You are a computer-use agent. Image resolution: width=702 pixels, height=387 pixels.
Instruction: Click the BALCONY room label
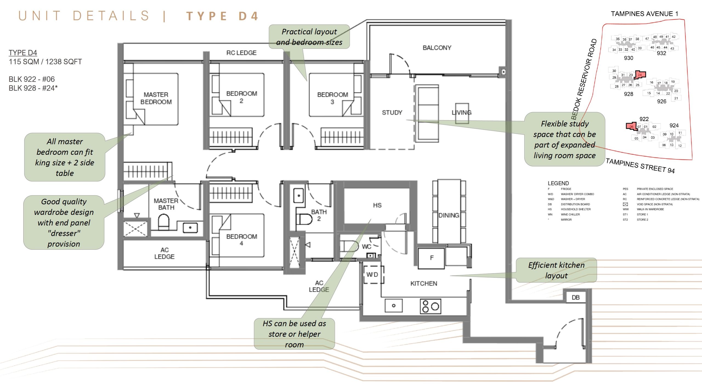point(437,48)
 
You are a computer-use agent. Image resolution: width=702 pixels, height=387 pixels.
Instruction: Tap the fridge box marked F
point(431,258)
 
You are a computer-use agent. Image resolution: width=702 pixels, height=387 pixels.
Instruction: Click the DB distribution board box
point(576,298)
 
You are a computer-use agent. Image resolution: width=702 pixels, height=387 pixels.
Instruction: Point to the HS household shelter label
point(377,205)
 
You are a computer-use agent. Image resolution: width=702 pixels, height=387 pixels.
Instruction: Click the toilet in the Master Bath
point(164,222)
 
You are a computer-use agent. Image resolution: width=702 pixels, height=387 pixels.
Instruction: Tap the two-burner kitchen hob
point(431,306)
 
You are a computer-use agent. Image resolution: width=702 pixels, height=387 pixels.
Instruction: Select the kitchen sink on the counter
point(394,306)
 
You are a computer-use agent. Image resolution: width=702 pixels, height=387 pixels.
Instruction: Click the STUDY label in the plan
point(392,113)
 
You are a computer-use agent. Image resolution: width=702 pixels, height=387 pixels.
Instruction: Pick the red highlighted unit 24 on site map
point(640,75)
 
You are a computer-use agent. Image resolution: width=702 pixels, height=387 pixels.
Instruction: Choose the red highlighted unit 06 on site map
point(631,127)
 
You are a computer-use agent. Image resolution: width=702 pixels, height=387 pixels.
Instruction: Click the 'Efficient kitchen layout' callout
point(556,270)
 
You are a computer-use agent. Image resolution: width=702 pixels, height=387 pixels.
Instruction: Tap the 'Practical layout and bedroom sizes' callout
point(309,37)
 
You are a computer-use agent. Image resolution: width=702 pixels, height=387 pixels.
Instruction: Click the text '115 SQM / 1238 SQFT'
point(45,62)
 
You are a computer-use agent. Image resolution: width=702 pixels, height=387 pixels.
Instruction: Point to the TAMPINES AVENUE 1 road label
point(644,14)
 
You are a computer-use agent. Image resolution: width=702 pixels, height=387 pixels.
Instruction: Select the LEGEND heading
point(558,183)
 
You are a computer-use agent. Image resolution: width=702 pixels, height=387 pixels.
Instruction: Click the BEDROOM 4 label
point(242,240)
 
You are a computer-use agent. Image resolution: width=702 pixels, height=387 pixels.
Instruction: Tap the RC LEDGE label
point(241,53)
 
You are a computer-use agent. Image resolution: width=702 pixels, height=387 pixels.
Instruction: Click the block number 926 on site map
point(661,102)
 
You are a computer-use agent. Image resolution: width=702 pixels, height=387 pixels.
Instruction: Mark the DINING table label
point(449,215)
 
